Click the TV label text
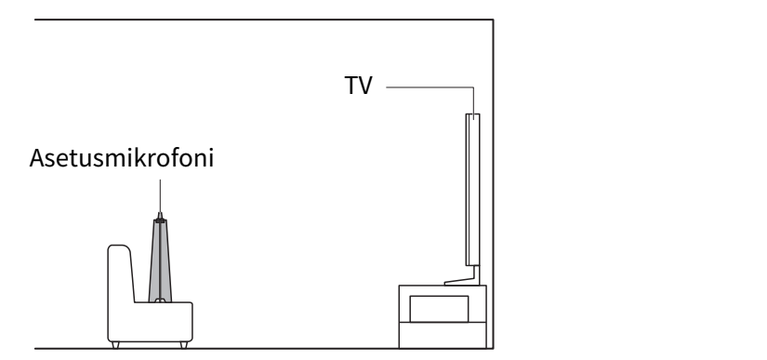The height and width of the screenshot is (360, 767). pos(358,86)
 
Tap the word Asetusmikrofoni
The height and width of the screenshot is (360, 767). pos(121,158)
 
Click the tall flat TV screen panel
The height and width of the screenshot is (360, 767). pos(472,190)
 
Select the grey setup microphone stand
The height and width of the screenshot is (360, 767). pos(160,260)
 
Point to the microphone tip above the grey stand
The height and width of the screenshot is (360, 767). pos(160,216)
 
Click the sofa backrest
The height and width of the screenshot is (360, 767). pos(120,273)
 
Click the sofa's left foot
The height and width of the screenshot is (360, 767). pos(115,345)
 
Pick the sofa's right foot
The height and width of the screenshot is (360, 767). pos(184,345)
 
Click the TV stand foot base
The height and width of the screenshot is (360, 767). pos(461,282)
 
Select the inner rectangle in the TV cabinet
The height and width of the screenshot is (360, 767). pos(439,309)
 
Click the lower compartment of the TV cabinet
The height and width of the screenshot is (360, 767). pos(443,335)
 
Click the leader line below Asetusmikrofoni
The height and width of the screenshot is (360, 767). pos(160,195)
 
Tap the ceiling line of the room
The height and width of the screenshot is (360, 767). pos(264,20)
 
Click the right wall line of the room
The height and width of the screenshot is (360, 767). pos(493,184)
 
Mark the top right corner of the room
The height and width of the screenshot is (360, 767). pos(493,20)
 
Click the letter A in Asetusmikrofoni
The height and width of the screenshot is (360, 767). pos(36,158)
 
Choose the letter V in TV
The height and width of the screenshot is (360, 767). pos(364,86)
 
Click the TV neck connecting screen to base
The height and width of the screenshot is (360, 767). pos(476,272)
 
